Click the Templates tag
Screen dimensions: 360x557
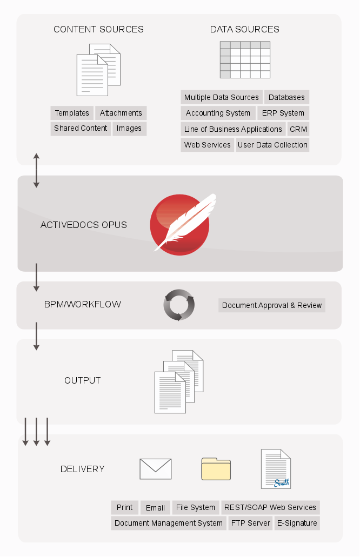coord(72,113)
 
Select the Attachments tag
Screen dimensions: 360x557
coord(121,113)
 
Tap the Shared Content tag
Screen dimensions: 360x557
coord(81,128)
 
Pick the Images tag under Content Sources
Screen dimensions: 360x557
coord(129,128)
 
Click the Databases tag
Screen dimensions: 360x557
coord(286,97)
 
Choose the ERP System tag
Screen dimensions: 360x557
coord(283,113)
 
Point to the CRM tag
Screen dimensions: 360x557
coord(298,129)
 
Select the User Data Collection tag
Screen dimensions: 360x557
coord(272,145)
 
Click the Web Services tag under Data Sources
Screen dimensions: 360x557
coord(207,145)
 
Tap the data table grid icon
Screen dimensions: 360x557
coord(245,59)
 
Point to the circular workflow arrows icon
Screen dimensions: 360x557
coord(179,305)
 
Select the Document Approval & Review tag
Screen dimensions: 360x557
coord(272,305)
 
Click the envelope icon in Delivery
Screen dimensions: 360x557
coord(156,469)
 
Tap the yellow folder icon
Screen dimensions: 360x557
coord(216,469)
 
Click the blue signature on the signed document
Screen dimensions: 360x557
coord(282,482)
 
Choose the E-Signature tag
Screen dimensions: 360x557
coord(297,524)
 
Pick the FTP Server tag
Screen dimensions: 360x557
coord(251,524)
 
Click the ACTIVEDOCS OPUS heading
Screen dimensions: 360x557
coord(84,225)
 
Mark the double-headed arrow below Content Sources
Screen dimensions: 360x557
coord(36,171)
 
